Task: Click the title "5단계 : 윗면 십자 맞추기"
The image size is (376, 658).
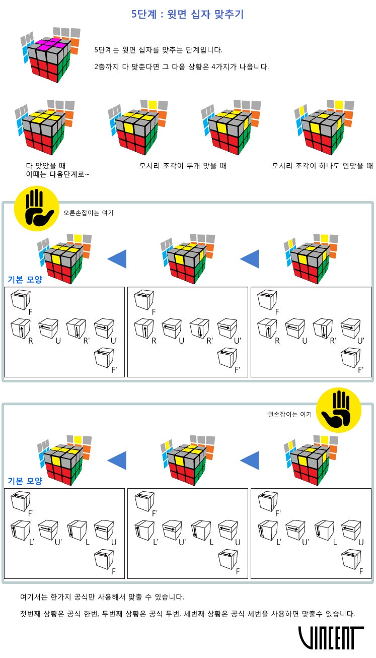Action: (x=187, y=14)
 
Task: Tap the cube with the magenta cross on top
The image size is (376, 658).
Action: (x=48, y=56)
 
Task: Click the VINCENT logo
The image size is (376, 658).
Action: (x=331, y=637)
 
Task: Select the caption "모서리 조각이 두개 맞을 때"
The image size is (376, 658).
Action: (x=183, y=166)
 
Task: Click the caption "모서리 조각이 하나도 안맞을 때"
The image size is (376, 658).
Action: (x=322, y=166)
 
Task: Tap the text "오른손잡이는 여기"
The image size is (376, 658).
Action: (x=88, y=213)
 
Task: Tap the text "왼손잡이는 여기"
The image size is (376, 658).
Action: (x=289, y=414)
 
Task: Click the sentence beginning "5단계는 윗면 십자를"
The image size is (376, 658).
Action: (x=158, y=50)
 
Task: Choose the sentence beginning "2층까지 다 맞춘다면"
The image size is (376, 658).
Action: (x=181, y=67)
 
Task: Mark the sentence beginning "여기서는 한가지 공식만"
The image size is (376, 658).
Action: (x=102, y=597)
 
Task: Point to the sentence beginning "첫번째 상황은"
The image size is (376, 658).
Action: (x=187, y=614)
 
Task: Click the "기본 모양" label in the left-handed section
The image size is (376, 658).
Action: (x=25, y=481)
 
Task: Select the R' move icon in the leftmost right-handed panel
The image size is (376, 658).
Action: (x=74, y=328)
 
